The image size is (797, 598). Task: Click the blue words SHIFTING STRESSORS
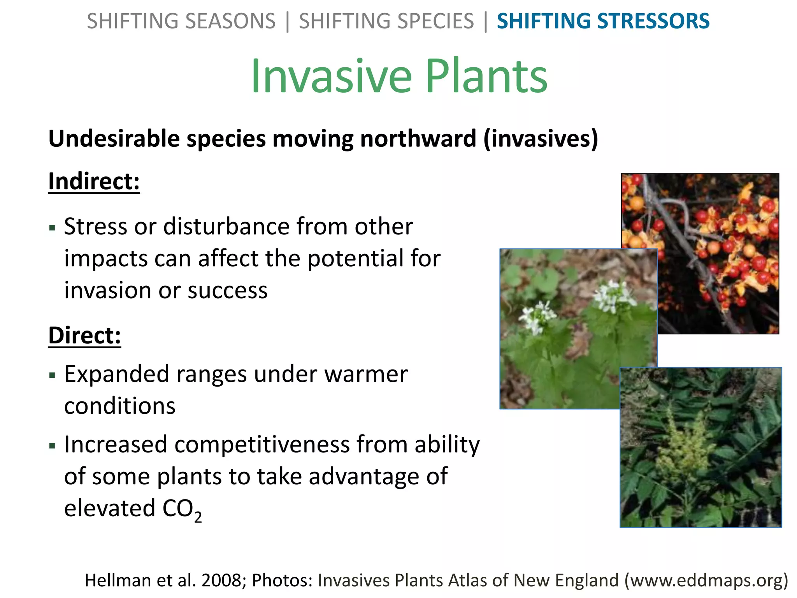(603, 21)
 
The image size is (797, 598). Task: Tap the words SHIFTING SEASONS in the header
(181, 21)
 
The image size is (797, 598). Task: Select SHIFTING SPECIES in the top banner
(386, 21)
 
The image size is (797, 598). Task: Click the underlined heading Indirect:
(94, 181)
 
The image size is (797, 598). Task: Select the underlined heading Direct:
(84, 336)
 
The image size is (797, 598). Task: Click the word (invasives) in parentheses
(541, 139)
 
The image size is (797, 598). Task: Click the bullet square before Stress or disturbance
(53, 228)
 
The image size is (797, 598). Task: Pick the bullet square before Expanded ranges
(53, 375)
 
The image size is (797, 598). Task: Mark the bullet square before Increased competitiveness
(53, 445)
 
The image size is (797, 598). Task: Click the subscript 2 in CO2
(198, 517)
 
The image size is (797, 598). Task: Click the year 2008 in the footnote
(221, 580)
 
